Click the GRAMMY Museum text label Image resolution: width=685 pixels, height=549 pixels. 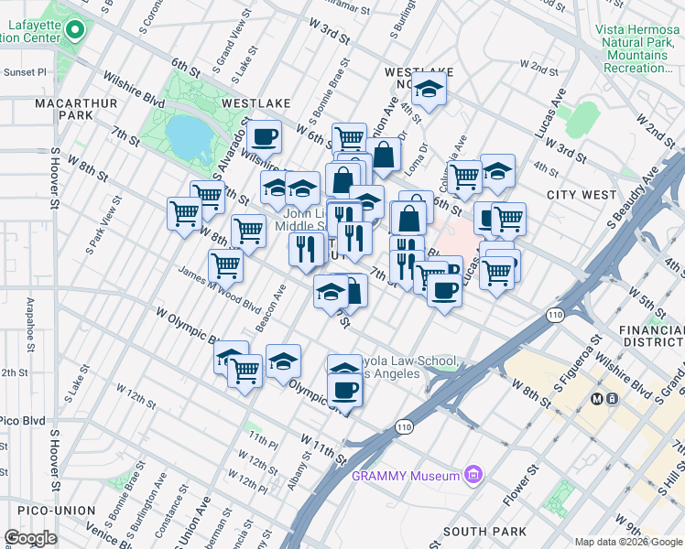point(406,476)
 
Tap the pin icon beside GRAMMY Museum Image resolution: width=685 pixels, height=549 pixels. point(473,475)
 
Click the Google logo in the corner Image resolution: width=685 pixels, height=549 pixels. point(30,538)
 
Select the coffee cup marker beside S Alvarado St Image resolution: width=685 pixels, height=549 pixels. point(265,137)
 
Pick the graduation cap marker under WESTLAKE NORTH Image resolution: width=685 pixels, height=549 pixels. point(428,90)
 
